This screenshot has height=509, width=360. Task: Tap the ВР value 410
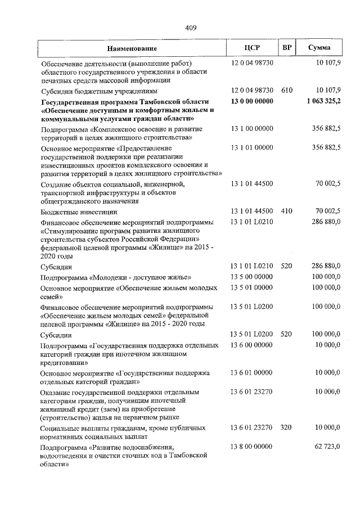[x=286, y=211]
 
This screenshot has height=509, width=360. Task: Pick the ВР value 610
[x=286, y=90]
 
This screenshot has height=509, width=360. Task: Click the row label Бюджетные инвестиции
[x=79, y=211]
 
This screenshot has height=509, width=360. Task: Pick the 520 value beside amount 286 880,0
[x=286, y=266]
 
